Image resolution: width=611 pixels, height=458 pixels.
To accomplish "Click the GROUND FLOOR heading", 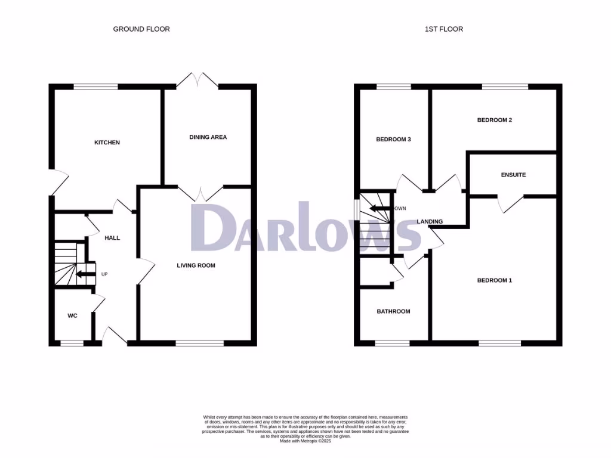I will [x=141, y=29].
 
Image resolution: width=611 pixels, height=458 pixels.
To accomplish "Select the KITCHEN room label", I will [x=107, y=143].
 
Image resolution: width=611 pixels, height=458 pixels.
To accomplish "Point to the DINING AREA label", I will [x=208, y=137].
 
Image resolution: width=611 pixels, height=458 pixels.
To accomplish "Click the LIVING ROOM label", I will [x=196, y=265].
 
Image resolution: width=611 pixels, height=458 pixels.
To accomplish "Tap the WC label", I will [x=72, y=315].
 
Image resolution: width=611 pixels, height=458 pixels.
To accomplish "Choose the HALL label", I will [x=112, y=238].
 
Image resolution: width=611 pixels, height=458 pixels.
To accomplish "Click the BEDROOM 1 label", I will [x=494, y=280].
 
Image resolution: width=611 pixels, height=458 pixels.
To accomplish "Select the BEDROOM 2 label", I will [x=495, y=120].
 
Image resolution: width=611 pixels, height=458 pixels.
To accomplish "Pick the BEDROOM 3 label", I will [x=393, y=140].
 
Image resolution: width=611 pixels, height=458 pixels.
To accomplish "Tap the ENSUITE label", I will [x=513, y=175].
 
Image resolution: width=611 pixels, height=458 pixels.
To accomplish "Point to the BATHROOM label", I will [x=393, y=311].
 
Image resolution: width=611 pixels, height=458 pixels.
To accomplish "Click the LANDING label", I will [x=430, y=222].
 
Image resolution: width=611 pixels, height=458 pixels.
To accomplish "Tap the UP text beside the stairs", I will [x=103, y=274].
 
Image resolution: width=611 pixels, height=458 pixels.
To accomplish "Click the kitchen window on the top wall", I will [x=95, y=87].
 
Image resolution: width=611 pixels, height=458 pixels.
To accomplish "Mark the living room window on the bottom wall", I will [x=199, y=343].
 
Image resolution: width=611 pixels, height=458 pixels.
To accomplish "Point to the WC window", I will [x=72, y=343].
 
